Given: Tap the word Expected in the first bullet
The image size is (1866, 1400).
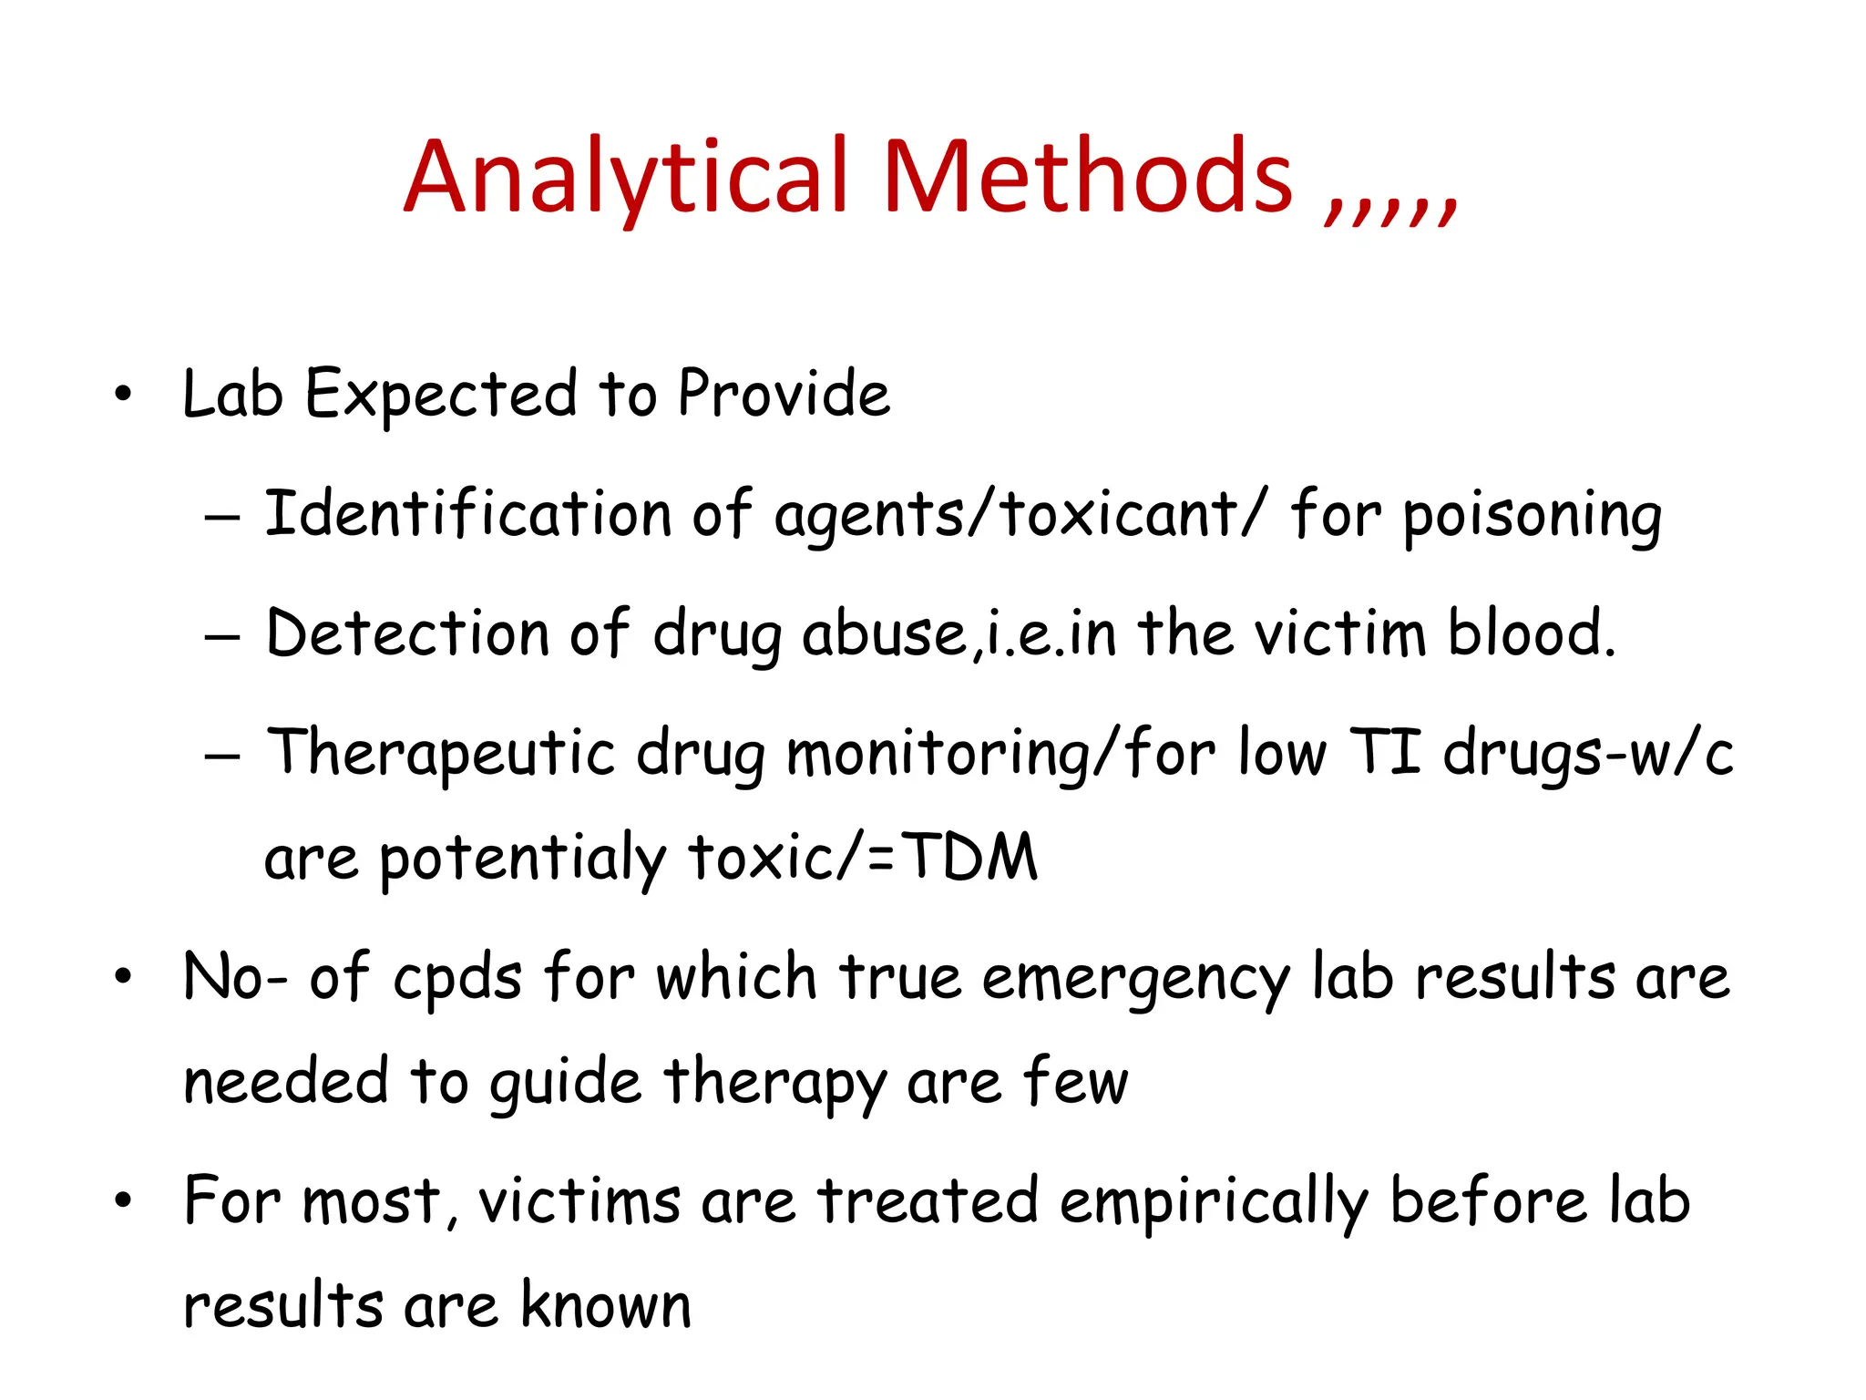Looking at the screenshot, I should tap(441, 396).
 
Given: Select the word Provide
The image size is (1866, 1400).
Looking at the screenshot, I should tap(784, 394).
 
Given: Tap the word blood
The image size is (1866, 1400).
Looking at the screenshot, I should tap(1531, 633).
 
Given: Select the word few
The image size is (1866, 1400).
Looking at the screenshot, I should tap(1075, 1081).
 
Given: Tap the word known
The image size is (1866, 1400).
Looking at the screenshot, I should tap(605, 1305).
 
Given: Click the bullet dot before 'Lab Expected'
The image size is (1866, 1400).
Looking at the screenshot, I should tap(123, 396).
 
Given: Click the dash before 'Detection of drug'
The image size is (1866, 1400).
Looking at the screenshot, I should tap(222, 636).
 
